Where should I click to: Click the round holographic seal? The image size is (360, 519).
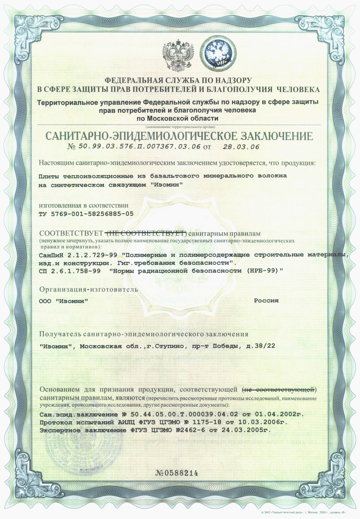(x=218, y=55)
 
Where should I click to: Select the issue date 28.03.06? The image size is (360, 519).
(x=241, y=147)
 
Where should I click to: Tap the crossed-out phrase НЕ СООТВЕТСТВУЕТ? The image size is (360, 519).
(x=146, y=234)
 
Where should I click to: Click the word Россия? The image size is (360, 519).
(x=266, y=301)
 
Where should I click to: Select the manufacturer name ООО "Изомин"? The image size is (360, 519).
(x=63, y=301)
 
